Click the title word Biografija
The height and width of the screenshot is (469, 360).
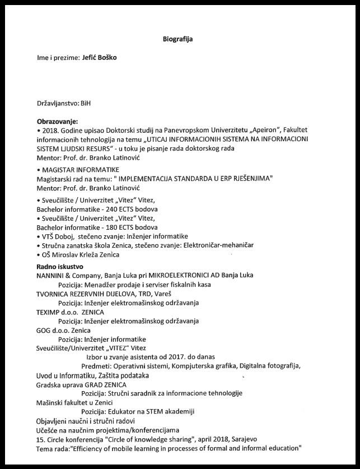pyautogui.click(x=180, y=39)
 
